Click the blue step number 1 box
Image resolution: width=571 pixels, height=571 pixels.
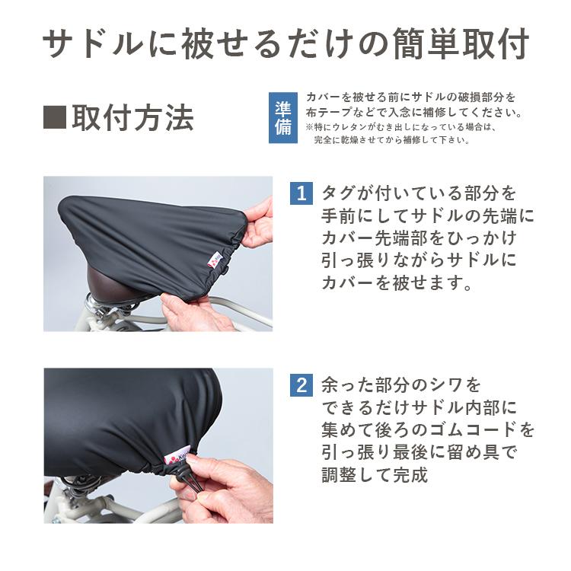click(x=301, y=193)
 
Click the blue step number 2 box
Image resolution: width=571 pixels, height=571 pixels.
click(x=301, y=385)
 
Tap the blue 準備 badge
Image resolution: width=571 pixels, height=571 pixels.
click(x=283, y=118)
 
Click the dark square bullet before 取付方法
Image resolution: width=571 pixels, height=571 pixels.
click(x=55, y=117)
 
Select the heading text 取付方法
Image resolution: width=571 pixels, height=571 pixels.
click(x=133, y=117)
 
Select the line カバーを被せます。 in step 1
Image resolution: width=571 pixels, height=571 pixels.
click(x=397, y=282)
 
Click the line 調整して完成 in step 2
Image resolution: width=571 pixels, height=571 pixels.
click(x=375, y=475)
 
